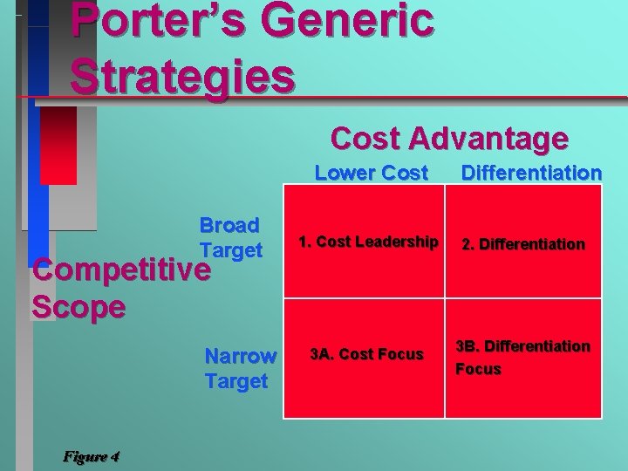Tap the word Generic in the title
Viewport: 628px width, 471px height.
[x=358, y=21]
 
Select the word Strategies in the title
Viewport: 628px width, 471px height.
[x=182, y=75]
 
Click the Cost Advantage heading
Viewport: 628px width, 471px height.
[x=449, y=138]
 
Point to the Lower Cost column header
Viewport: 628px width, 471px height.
[x=371, y=173]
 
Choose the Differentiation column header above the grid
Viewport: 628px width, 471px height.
[x=531, y=173]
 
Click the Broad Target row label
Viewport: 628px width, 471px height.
[x=230, y=237]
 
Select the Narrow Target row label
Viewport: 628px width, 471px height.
[x=240, y=368]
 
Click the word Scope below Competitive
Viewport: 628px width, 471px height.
[x=78, y=307]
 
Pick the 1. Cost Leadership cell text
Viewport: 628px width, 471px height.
[x=367, y=242]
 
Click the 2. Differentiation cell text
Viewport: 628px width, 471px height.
[x=523, y=244]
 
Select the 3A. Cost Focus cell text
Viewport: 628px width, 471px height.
[x=367, y=353]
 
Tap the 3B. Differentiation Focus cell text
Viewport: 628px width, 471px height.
[x=522, y=358]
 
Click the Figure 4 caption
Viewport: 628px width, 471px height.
[x=91, y=456]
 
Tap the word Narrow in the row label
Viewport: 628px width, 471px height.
[x=240, y=356]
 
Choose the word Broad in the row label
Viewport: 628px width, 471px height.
[x=229, y=225]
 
